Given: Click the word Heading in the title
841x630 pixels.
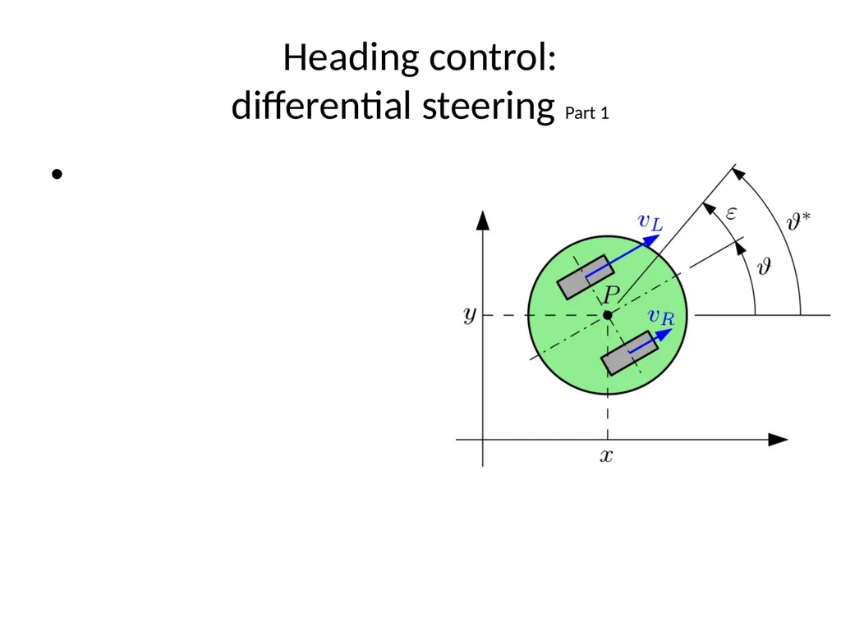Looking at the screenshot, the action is (x=351, y=58).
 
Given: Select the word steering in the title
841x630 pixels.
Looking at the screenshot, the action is (x=488, y=107).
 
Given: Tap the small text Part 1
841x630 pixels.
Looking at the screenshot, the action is (x=586, y=113).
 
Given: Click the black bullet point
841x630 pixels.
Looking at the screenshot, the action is (x=57, y=174).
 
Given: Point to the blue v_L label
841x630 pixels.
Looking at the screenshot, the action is (x=650, y=221).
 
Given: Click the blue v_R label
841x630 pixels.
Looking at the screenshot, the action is (x=661, y=317).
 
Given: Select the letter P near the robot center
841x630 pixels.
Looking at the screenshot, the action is (x=611, y=294).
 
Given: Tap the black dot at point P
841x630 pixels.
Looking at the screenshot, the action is (x=607, y=315).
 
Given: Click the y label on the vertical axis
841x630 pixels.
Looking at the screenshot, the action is (x=470, y=315).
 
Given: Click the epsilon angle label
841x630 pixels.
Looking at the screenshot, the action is (x=731, y=214).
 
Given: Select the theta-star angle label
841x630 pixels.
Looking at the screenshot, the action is (x=798, y=221).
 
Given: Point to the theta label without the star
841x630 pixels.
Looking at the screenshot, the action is (x=765, y=266).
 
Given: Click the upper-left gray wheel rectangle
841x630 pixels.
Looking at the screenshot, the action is (x=585, y=277).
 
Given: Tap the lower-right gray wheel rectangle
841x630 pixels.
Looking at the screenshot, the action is (x=630, y=353).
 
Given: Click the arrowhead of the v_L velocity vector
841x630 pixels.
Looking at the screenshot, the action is (x=651, y=240).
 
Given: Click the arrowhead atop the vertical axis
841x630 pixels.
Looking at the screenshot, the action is (x=483, y=220).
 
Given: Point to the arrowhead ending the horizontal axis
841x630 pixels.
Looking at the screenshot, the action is (x=778, y=440).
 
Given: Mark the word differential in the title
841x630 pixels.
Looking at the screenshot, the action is (x=321, y=105).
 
